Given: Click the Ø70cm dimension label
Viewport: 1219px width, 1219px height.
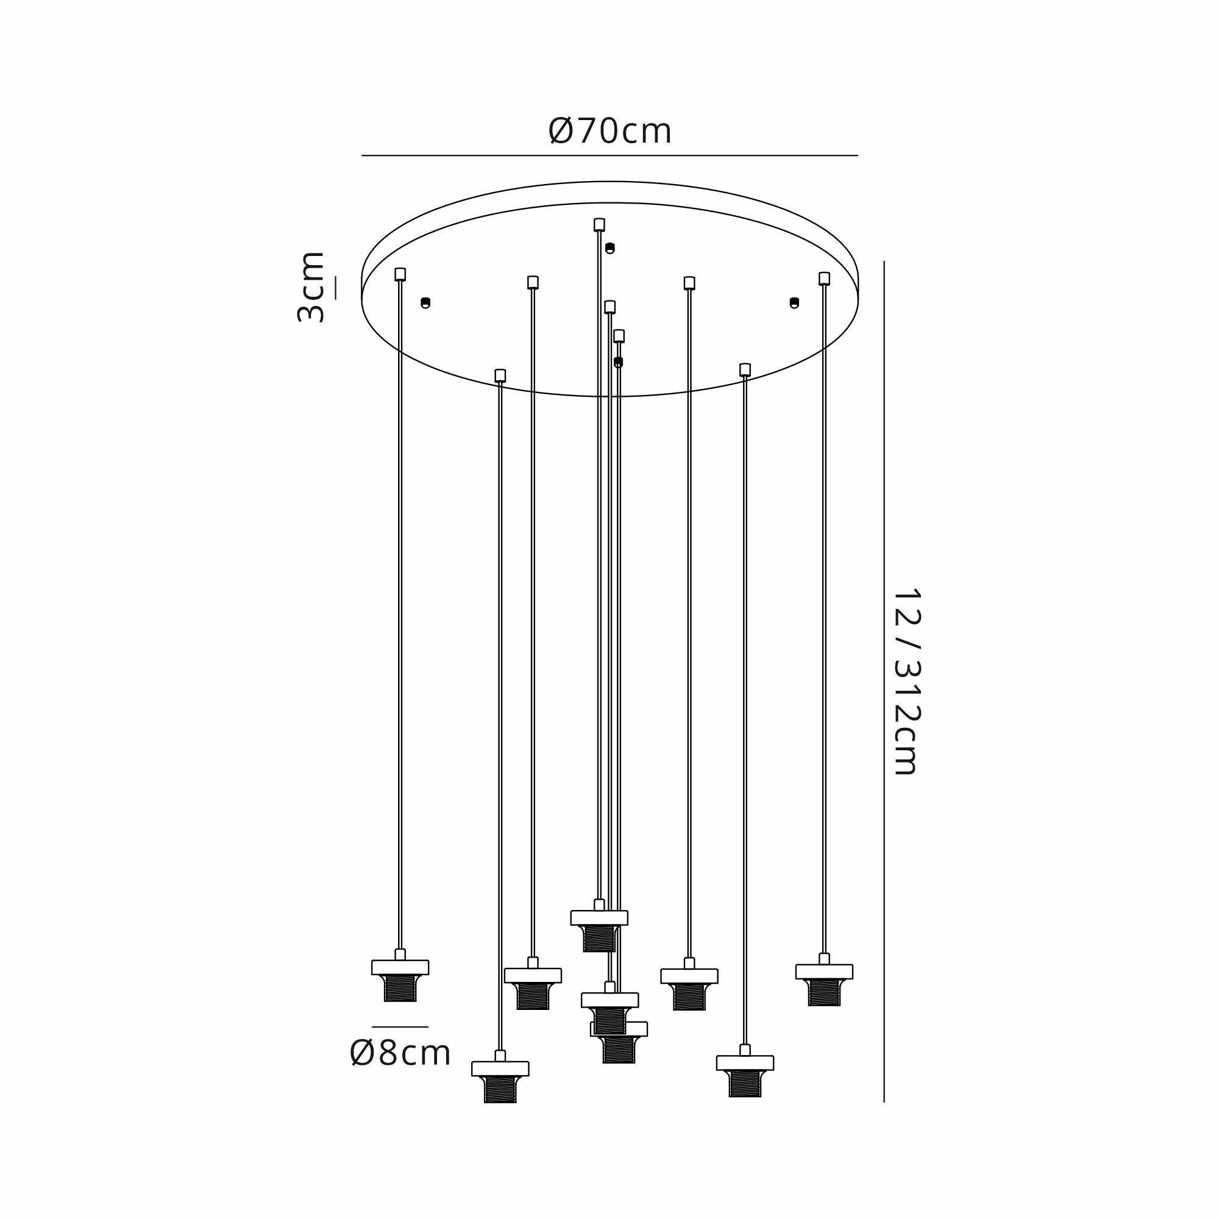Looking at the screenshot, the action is [x=609, y=131].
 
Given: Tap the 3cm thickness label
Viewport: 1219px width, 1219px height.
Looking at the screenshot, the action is [x=310, y=287].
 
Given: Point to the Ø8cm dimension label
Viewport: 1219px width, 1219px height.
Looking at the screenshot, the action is [x=400, y=1053].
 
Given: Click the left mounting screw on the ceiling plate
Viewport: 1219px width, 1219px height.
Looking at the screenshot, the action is [x=425, y=303].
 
